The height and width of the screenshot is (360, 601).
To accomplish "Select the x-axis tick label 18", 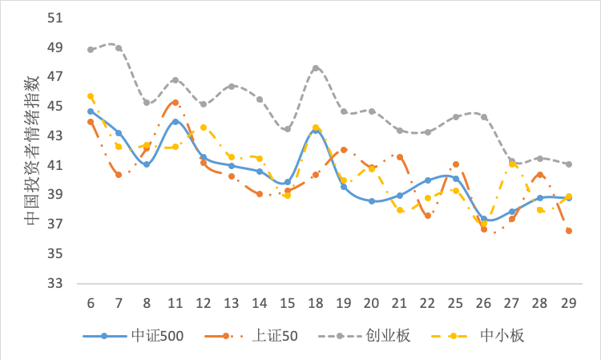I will click(316, 304).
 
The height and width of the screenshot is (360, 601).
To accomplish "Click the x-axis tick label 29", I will click(568, 304).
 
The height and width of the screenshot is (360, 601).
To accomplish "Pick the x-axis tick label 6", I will click(91, 304).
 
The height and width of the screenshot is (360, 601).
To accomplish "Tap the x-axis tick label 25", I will click(456, 304).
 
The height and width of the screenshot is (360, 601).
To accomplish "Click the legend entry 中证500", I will click(157, 335).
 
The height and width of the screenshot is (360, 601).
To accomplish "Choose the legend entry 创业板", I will click(388, 335).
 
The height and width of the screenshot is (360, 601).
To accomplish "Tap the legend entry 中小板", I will click(502, 335).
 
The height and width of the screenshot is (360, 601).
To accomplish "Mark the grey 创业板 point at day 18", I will click(316, 68).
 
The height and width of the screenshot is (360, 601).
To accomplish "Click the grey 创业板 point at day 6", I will click(91, 49).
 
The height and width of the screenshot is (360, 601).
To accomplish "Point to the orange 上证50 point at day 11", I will click(175, 103).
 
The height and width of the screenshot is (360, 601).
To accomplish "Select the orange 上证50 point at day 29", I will click(568, 231).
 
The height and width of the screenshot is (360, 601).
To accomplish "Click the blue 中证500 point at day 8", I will click(147, 164).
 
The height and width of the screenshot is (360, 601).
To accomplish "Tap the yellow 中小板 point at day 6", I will click(91, 96).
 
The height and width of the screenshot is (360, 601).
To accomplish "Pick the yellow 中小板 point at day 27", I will click(512, 164).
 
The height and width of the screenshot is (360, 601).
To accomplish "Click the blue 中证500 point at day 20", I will click(372, 201).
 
